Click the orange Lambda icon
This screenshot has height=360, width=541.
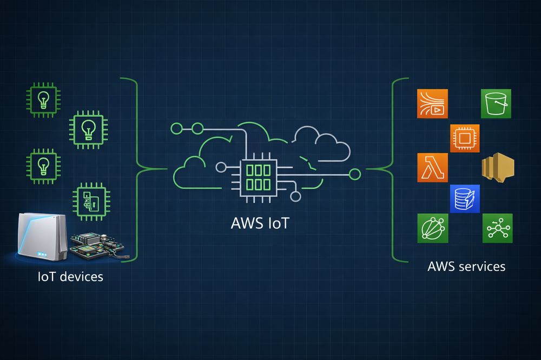(x=432, y=168)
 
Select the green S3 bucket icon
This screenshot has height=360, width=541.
(x=496, y=103)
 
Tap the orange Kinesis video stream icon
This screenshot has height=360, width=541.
(x=432, y=103)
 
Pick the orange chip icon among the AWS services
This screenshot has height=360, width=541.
(x=465, y=138)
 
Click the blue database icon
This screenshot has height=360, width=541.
(x=465, y=199)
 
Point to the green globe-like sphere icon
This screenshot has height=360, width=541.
(x=432, y=228)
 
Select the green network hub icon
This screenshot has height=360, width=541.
(x=497, y=228)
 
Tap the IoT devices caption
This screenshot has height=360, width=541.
(x=70, y=277)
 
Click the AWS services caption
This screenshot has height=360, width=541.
(x=466, y=266)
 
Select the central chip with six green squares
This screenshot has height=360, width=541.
(x=258, y=176)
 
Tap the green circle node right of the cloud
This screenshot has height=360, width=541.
(x=355, y=174)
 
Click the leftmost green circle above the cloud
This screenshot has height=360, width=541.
(x=176, y=129)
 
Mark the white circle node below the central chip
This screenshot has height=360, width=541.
(x=295, y=196)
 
